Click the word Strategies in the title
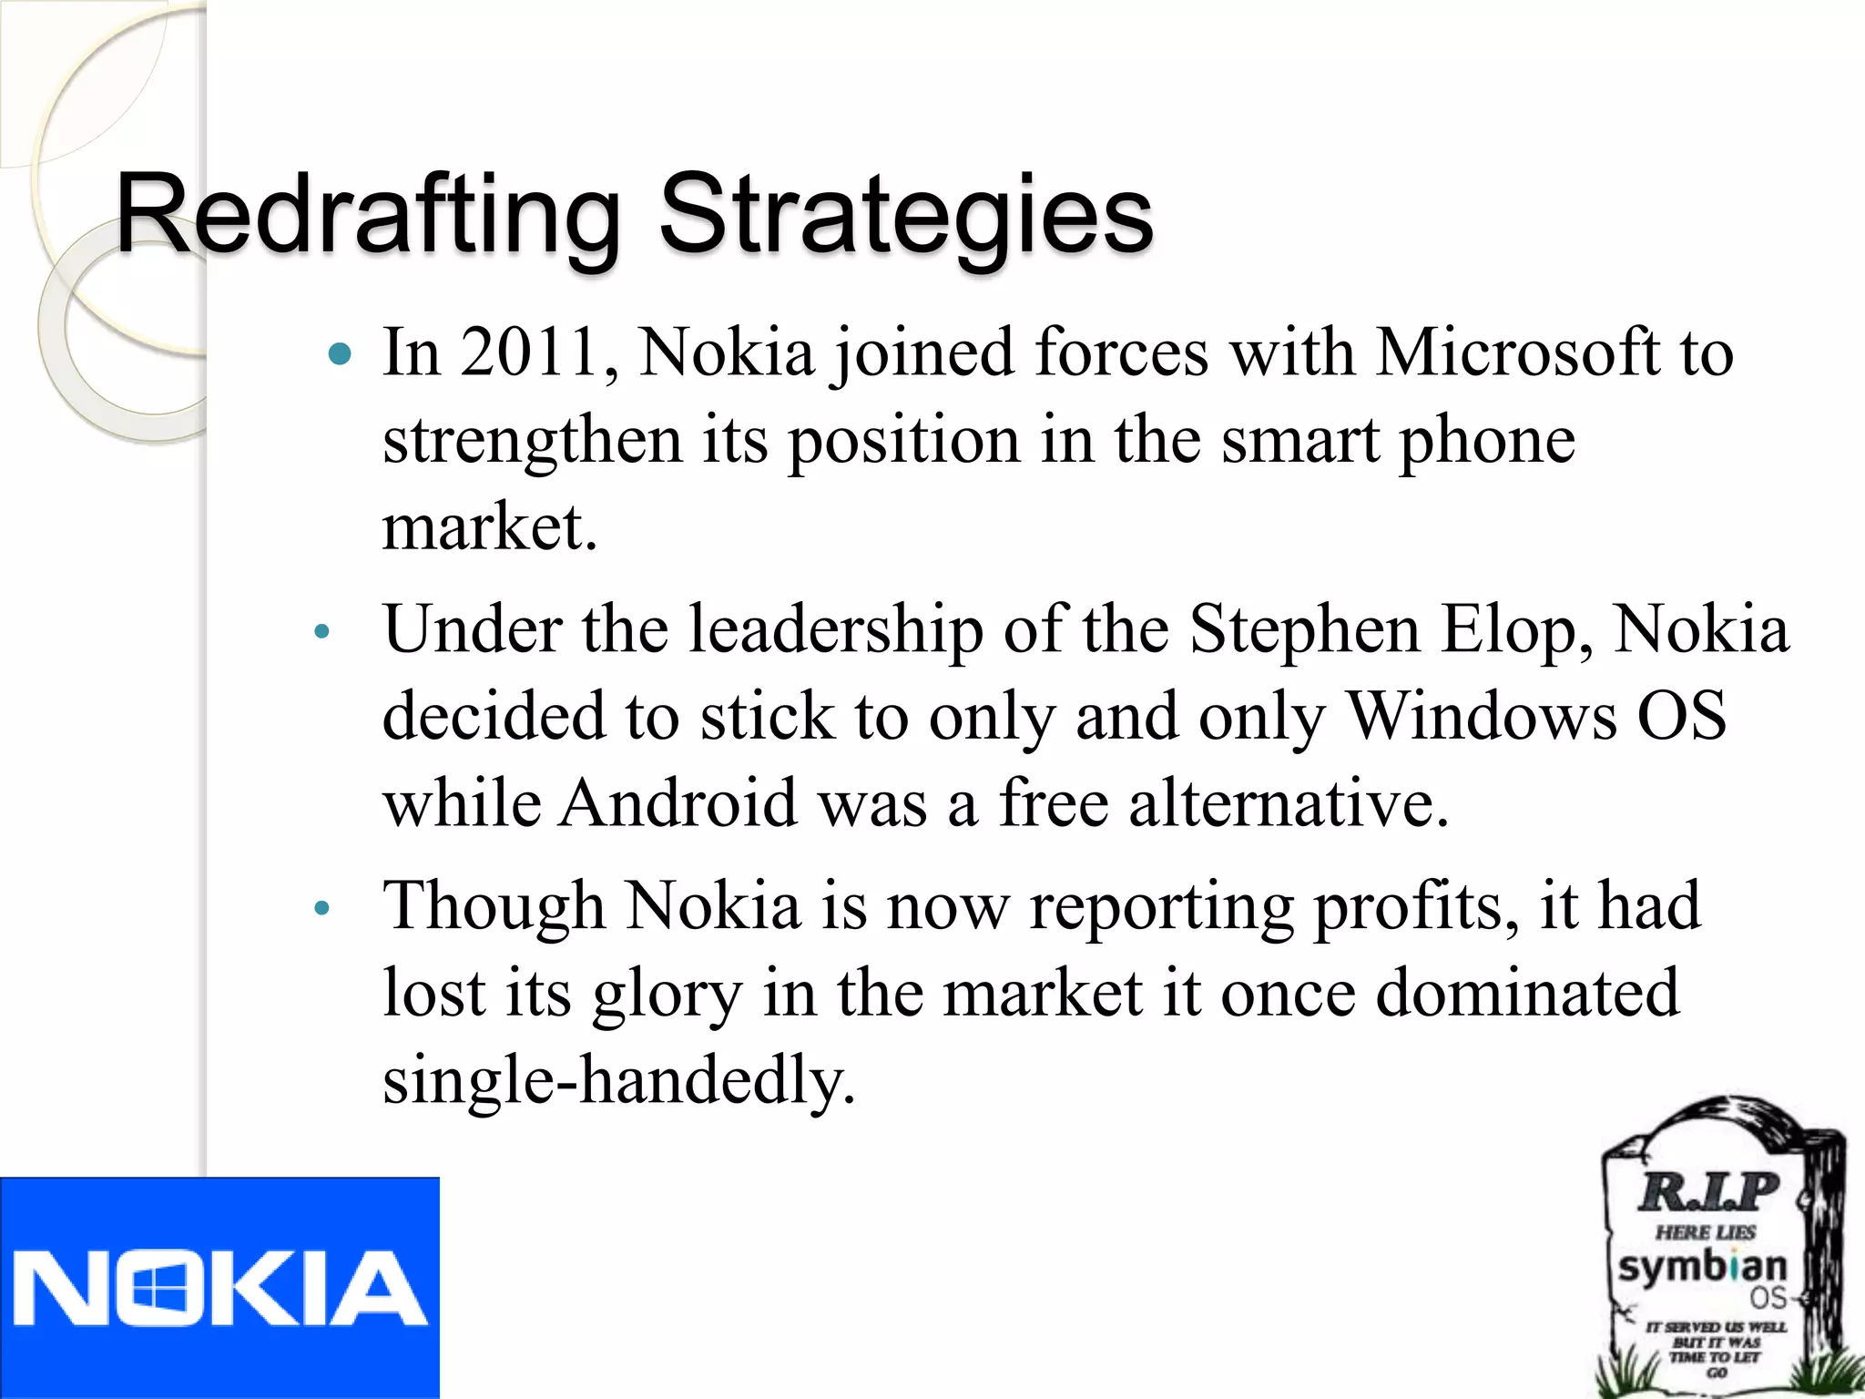[x=905, y=216]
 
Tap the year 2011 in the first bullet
[x=528, y=352]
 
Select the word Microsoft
[x=1517, y=352]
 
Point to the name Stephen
[x=1304, y=630]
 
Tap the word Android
[x=678, y=803]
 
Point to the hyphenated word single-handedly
[x=619, y=1080]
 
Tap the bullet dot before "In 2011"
[x=340, y=354]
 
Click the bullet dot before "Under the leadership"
[x=321, y=632]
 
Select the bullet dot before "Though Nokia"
[x=321, y=908]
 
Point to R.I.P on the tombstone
[x=1707, y=1191]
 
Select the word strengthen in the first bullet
[x=532, y=441]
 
